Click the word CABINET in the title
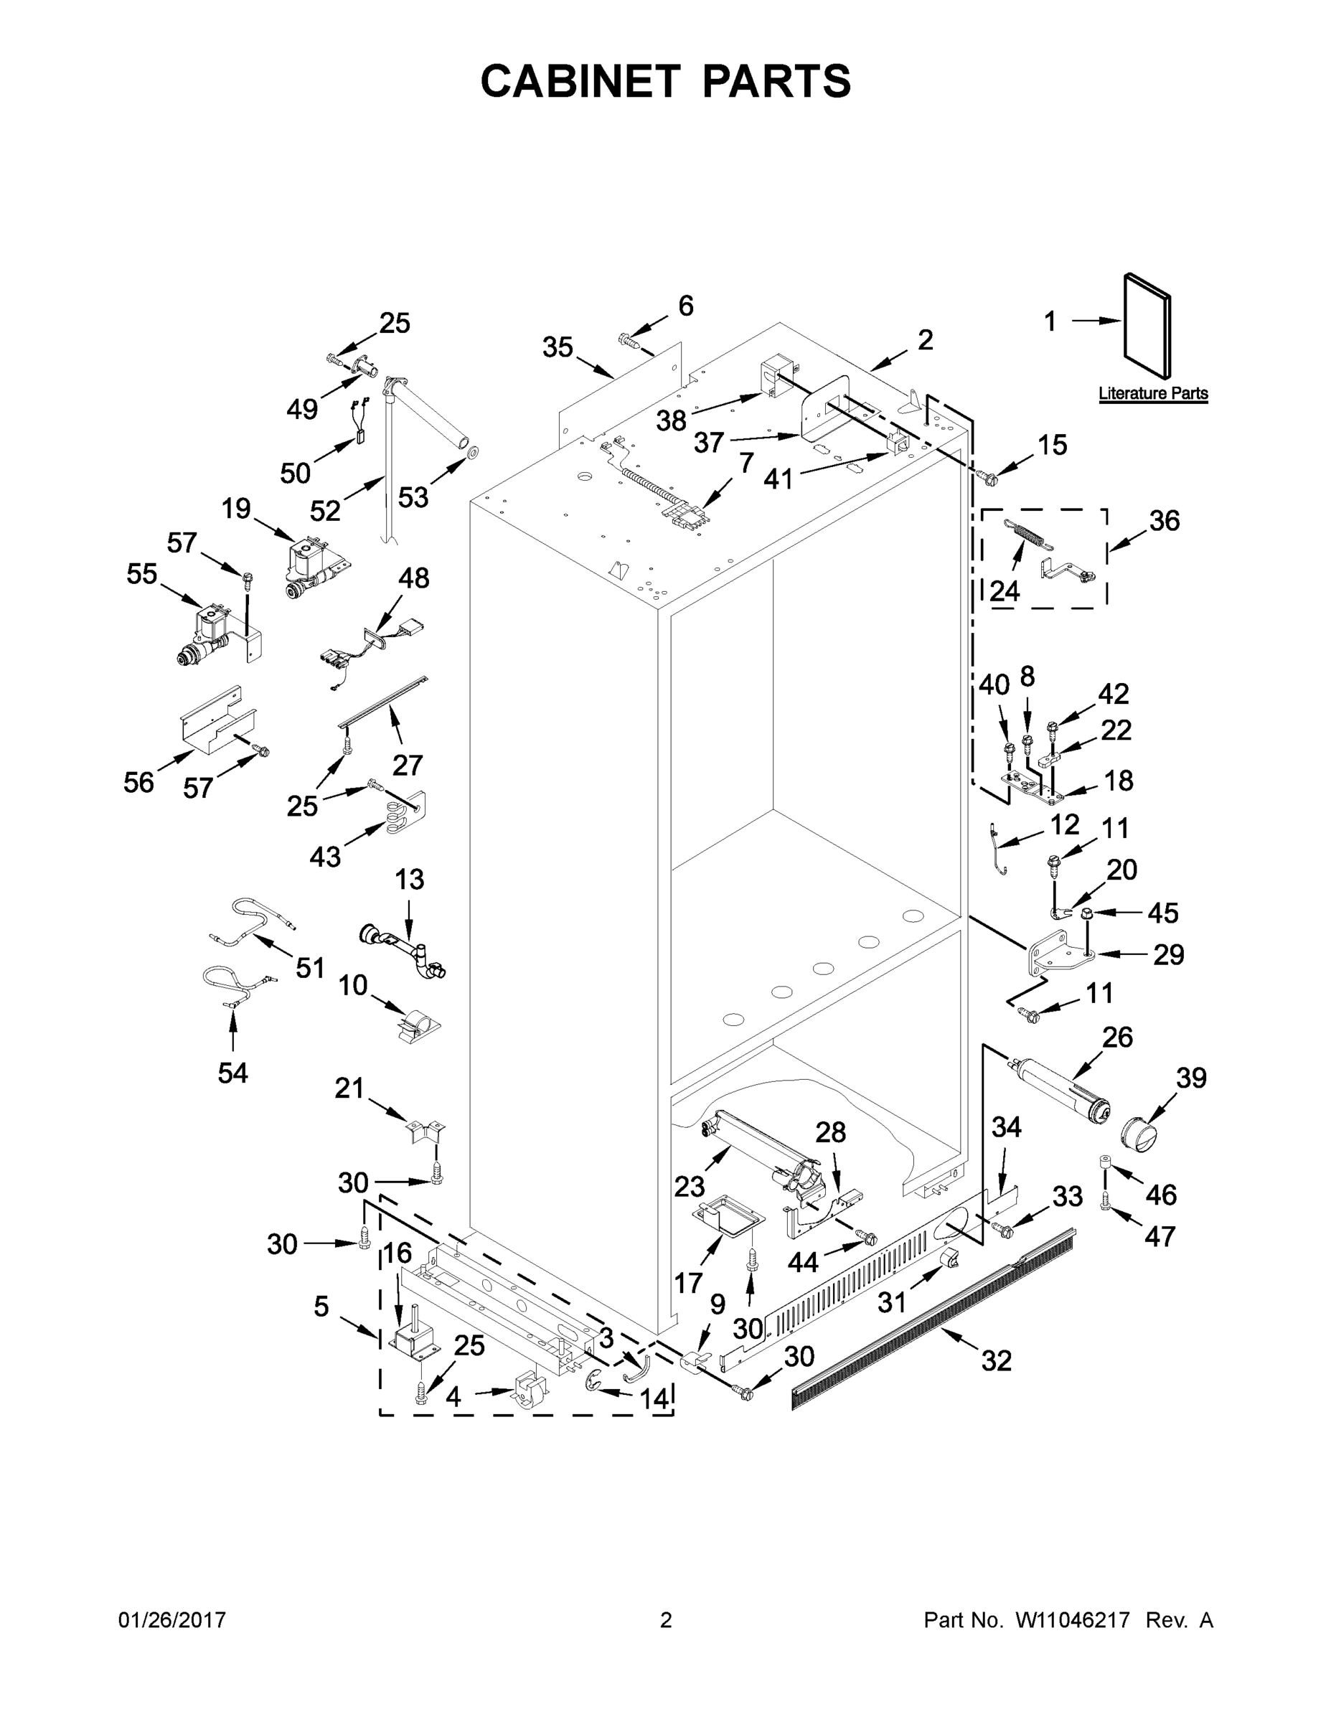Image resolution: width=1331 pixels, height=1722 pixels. click(580, 81)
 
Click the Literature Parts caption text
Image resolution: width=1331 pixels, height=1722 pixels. click(1153, 393)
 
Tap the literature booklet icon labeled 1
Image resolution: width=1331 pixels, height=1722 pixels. click(1147, 325)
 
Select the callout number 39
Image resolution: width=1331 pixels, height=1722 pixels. click(1190, 1078)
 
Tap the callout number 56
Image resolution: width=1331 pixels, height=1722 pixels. click(138, 782)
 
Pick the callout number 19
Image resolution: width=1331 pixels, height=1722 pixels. click(236, 509)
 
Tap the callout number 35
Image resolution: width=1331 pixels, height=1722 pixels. click(558, 347)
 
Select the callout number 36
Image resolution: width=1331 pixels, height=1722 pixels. click(1164, 521)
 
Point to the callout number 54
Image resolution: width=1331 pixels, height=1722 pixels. click(232, 1073)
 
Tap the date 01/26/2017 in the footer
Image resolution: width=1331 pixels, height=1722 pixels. click(172, 1620)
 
